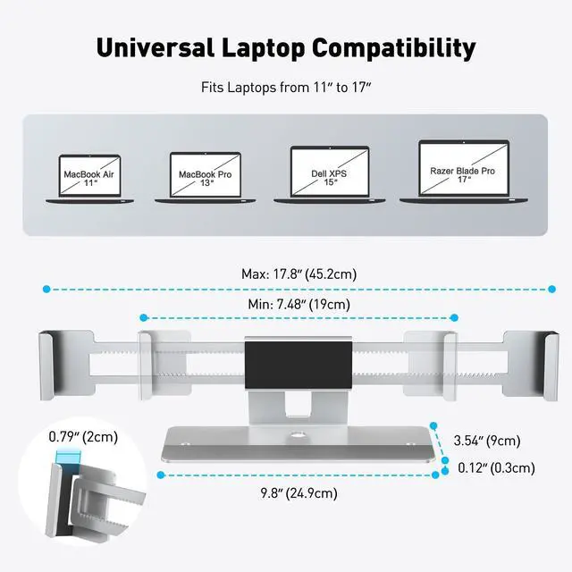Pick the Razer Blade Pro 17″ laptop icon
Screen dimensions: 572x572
point(463,170)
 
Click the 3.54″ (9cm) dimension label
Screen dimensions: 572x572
point(487,440)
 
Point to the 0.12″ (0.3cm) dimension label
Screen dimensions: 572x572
point(496,467)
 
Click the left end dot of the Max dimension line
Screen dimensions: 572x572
point(45,289)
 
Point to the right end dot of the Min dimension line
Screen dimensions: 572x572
point(454,317)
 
